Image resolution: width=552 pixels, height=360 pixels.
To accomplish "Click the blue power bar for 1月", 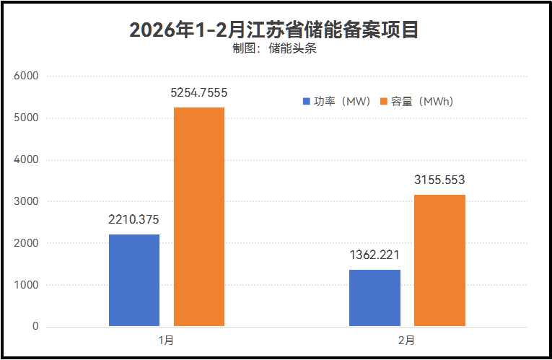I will point(134,280).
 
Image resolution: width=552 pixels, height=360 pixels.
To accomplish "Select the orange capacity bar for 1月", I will point(199,216).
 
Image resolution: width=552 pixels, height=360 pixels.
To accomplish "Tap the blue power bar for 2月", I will point(374,298).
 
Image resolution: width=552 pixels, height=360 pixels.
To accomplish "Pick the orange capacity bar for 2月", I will point(439,260).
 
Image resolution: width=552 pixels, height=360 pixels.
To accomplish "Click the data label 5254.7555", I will point(199,92).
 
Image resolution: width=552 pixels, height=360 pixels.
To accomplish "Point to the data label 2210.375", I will point(133,219).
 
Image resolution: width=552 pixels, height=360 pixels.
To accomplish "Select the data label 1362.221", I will point(374,255).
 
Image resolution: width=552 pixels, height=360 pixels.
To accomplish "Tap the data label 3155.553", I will point(439,180).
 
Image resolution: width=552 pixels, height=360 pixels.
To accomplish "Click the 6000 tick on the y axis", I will point(26,76).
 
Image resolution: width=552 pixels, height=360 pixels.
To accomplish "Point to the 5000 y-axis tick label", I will point(26,118).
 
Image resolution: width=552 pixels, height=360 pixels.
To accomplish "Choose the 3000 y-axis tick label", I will point(26,201).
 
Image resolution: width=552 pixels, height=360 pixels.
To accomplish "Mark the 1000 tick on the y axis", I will point(26,285).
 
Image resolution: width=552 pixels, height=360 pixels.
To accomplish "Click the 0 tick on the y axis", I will point(35,327).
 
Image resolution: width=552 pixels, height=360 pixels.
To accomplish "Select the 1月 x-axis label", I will point(166,339).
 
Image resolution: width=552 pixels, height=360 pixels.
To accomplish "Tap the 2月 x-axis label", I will point(406,339).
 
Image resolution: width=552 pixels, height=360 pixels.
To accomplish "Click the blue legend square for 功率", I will point(306,102).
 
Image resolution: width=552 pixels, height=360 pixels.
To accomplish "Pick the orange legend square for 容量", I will point(385,102).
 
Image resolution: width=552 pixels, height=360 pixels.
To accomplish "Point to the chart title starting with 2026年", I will point(274,30).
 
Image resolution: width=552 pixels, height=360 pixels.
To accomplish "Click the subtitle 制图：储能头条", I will point(274,49).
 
